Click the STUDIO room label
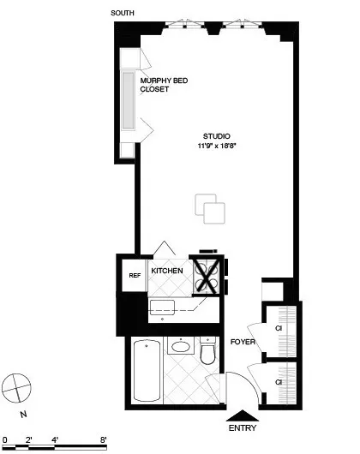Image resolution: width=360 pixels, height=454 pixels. [217, 135]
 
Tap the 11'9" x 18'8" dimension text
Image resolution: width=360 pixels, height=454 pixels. [217, 146]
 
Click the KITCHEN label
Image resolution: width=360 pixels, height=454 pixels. [167, 271]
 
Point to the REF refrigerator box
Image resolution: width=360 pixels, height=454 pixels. [134, 276]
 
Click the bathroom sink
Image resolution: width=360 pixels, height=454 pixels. [180, 348]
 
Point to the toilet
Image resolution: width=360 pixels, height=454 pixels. [207, 351]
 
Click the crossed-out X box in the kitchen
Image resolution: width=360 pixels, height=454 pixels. [207, 276]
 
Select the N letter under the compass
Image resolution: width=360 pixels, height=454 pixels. [24, 414]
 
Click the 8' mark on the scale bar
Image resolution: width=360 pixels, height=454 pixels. [104, 439]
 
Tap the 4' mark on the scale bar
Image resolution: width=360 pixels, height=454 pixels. [55, 439]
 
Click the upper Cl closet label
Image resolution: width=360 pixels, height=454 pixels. [279, 328]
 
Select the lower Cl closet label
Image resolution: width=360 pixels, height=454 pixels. [279, 381]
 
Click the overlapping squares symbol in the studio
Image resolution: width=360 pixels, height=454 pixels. [210, 209]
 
